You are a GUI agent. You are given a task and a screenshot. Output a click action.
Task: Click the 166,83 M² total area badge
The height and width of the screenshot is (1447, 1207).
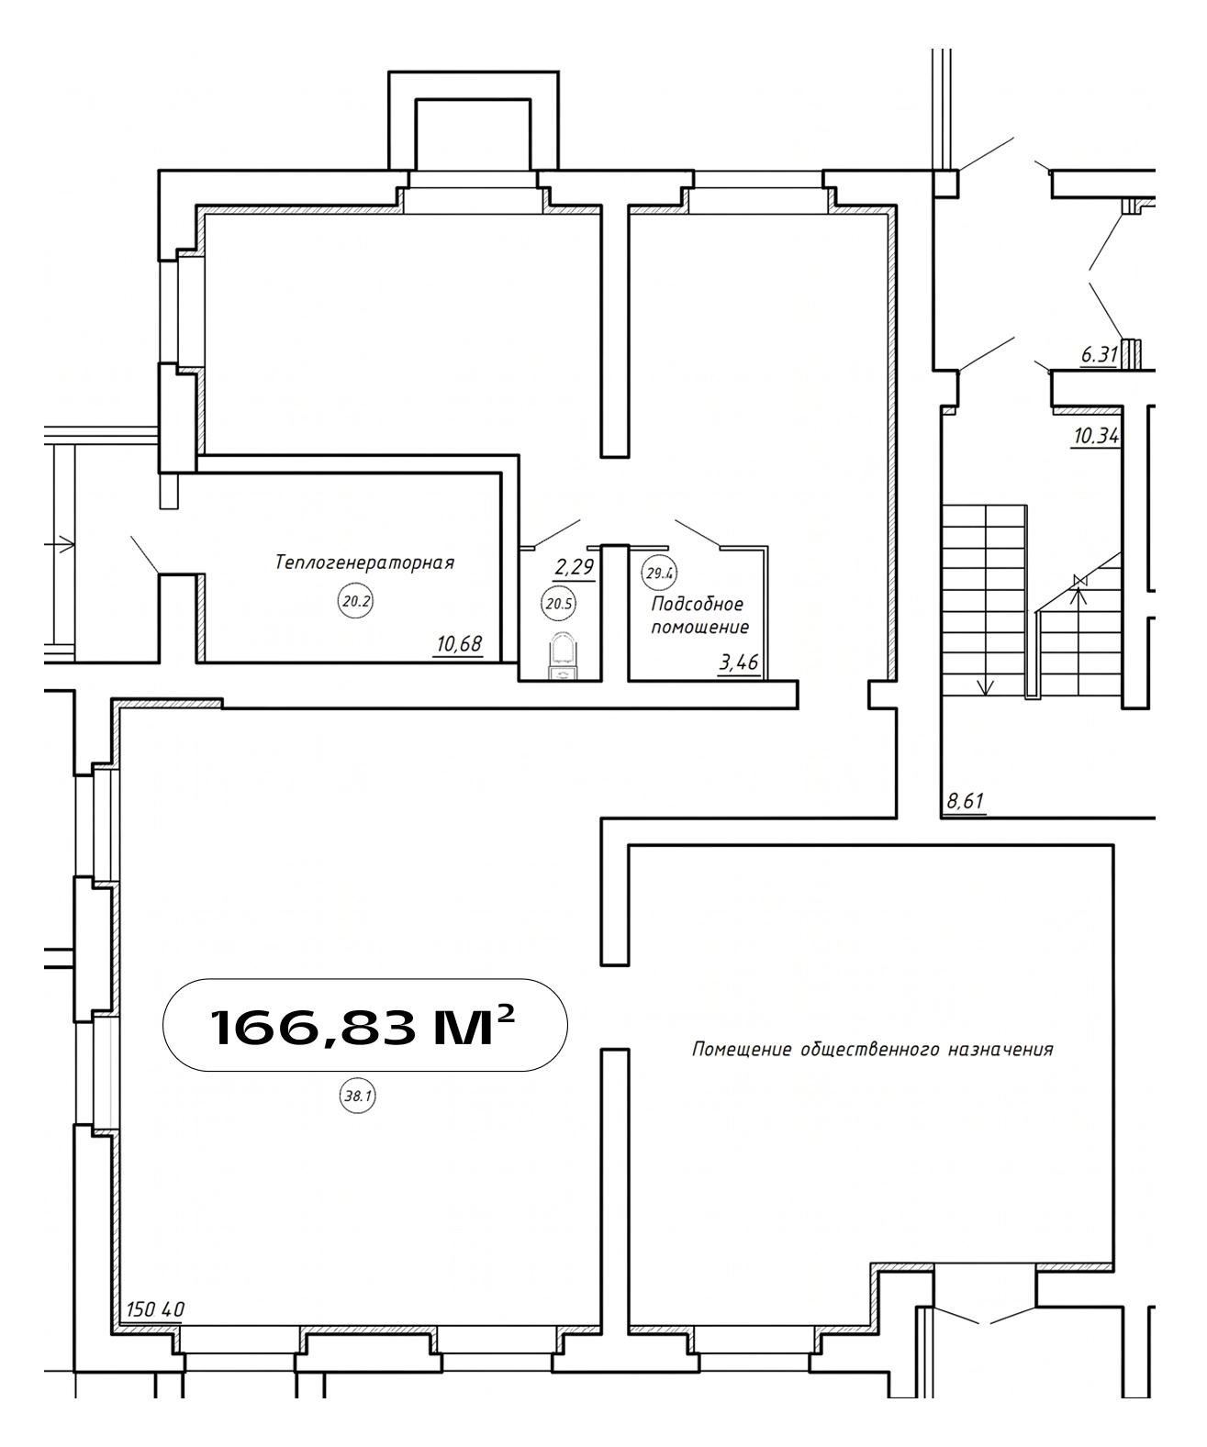click(364, 1025)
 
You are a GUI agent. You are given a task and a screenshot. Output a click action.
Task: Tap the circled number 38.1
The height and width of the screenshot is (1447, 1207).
click(358, 1096)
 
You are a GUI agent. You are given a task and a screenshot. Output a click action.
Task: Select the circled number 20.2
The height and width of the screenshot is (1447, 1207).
click(355, 601)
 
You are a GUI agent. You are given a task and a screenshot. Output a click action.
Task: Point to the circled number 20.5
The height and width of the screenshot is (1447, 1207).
click(558, 604)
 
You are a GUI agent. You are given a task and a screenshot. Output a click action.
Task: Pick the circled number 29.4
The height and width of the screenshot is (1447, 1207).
click(659, 573)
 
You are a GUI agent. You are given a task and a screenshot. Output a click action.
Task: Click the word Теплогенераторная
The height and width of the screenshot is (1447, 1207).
click(364, 562)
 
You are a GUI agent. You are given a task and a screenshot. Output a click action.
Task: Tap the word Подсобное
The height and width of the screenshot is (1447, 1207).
click(698, 604)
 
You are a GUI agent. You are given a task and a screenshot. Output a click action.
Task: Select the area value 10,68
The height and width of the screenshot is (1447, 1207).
click(459, 644)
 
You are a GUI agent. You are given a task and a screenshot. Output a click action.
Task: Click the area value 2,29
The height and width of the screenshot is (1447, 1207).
click(575, 568)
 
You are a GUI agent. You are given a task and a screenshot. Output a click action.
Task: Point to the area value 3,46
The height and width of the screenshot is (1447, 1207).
click(739, 662)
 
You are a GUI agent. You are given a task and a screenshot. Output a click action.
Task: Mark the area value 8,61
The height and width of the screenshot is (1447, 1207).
click(966, 801)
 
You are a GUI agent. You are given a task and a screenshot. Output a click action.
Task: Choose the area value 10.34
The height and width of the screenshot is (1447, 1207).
click(1096, 437)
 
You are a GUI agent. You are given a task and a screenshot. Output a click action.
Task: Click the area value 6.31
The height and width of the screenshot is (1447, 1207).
click(1100, 355)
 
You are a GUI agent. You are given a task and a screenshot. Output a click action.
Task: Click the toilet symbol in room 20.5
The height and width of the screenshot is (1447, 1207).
click(563, 655)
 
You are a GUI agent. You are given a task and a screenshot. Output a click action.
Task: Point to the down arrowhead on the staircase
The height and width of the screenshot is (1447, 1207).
click(985, 687)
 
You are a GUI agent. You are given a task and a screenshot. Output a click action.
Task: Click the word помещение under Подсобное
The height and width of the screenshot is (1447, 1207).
click(700, 628)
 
